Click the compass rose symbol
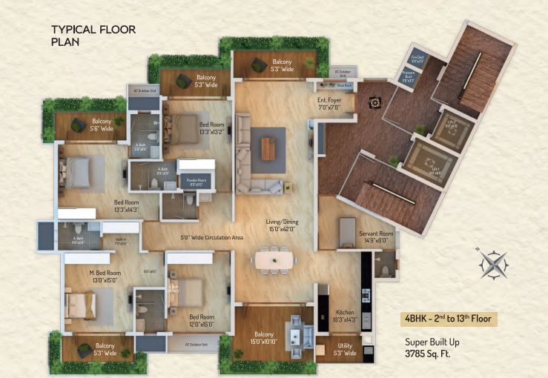click(492, 263)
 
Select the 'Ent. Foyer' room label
click(329, 103)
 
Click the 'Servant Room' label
click(376, 236)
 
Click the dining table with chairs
click(274, 261)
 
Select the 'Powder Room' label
click(197, 182)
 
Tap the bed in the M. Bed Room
click(79, 304)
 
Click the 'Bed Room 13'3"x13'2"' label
click(211, 127)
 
